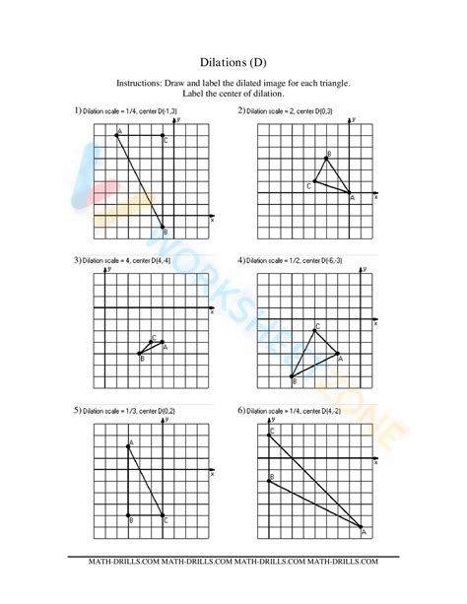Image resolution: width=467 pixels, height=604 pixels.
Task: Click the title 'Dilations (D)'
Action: pos(233,61)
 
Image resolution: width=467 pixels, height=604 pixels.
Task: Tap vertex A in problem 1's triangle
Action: pos(116,135)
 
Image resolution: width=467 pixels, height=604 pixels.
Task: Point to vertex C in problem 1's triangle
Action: pos(164,135)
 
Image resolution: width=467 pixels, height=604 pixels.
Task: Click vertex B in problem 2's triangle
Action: pos(328,158)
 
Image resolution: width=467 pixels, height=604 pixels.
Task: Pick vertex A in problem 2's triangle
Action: pos(352,193)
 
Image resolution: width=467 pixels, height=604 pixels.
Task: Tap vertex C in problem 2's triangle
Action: pos(316,181)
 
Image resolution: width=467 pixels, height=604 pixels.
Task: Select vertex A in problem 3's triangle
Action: pos(164,342)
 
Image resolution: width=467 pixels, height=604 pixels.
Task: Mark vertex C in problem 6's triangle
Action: pos(269,435)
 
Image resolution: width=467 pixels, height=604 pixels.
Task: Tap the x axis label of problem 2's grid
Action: pos(376,197)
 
